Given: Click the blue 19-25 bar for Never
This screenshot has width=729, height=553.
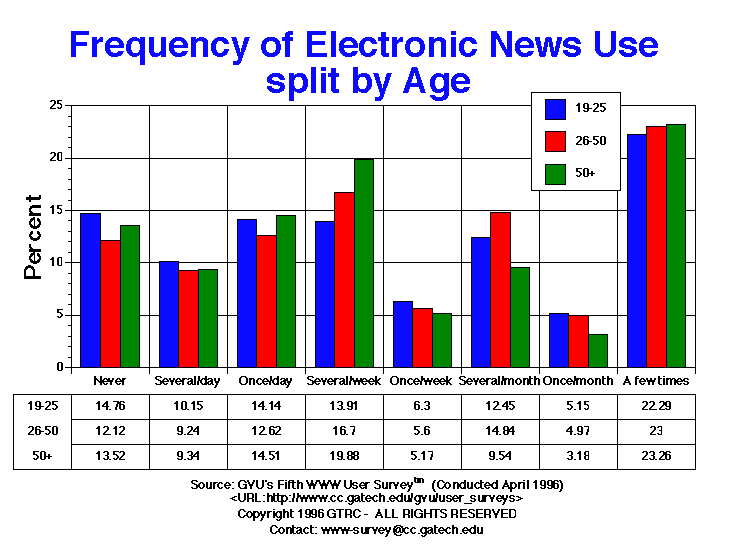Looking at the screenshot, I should [x=90, y=290].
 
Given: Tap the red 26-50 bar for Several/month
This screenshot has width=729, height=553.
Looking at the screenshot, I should [x=500, y=289].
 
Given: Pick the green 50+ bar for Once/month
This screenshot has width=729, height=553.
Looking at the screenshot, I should [x=598, y=350].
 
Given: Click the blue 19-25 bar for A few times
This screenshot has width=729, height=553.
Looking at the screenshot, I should [x=636, y=250].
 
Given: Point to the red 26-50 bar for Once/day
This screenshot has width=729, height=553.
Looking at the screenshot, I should [x=266, y=301].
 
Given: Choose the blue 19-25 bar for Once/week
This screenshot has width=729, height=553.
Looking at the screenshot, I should [x=402, y=334].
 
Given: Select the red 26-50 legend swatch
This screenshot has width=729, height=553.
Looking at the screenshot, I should [x=557, y=140].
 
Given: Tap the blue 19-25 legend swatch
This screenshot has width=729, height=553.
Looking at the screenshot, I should [x=557, y=108].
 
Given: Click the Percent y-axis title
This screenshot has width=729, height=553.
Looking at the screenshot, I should [x=33, y=236].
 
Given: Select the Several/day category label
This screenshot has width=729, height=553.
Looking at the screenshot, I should [x=187, y=381].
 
